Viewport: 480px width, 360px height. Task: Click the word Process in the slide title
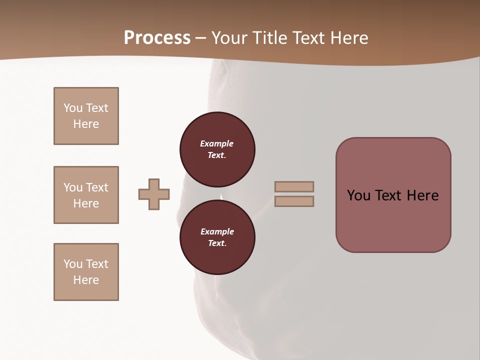coord(157,38)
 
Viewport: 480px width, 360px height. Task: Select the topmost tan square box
coord(86,116)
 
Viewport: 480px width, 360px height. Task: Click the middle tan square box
coord(86,195)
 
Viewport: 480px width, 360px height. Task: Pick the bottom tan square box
coord(86,272)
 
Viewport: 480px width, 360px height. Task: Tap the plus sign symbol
coord(154,194)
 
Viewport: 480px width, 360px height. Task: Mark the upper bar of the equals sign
coord(294,186)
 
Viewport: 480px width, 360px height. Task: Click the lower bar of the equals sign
coord(294,201)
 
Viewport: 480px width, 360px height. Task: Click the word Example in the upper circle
coord(217,143)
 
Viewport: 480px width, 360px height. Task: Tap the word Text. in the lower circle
coord(217,243)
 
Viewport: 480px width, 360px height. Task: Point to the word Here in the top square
coord(86,124)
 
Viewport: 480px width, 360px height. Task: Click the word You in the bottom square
coord(73,264)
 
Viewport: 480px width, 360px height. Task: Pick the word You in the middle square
coord(73,187)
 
